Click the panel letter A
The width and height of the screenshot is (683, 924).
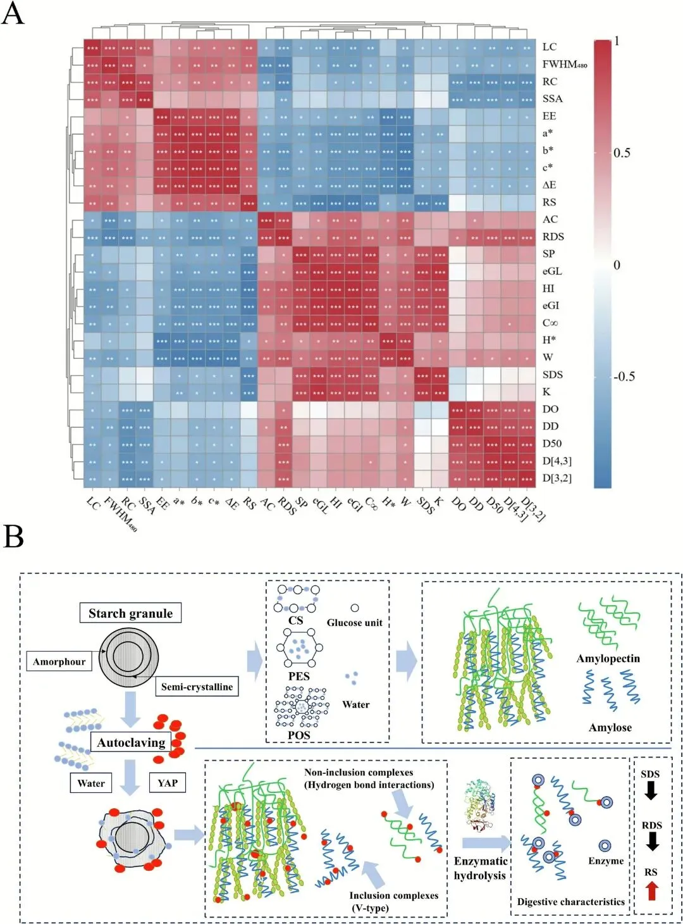pyautogui.click(x=13, y=13)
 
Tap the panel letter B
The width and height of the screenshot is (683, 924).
pyautogui.click(x=13, y=535)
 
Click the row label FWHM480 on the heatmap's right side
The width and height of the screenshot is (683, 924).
pyautogui.click(x=564, y=65)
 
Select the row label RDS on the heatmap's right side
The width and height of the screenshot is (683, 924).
pyautogui.click(x=553, y=237)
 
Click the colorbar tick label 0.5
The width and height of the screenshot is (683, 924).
pyautogui.click(x=622, y=153)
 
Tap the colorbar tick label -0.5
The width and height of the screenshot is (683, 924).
pyautogui.click(x=624, y=377)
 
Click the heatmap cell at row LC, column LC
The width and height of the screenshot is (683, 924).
pyautogui.click(x=93, y=47)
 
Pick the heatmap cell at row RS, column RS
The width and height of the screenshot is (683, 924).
pyautogui.click(x=249, y=203)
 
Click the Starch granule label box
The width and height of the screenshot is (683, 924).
pyautogui.click(x=130, y=613)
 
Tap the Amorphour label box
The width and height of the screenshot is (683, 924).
pyautogui.click(x=59, y=662)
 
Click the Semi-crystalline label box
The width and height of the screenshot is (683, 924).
pyautogui.click(x=197, y=687)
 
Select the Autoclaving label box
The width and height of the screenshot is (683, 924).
pyautogui.click(x=131, y=742)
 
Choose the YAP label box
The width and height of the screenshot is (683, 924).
pyautogui.click(x=168, y=783)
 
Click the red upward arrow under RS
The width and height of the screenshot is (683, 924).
pyautogui.click(x=651, y=891)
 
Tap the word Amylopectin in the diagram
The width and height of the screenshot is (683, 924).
pyautogui.click(x=608, y=659)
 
